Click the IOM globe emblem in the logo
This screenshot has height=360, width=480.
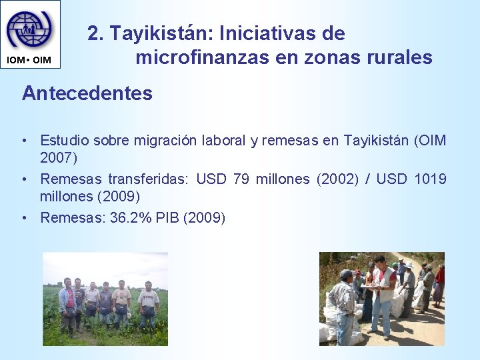point(29,29)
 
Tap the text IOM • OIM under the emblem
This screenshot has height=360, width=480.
point(29,61)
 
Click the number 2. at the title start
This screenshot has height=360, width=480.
point(96,33)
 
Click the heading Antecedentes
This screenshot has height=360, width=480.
point(87,93)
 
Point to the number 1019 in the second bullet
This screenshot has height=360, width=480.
point(430,179)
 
